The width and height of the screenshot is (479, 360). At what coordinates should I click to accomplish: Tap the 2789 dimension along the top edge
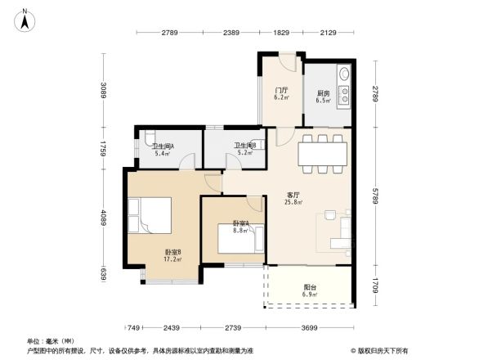pyautogui.click(x=169, y=33)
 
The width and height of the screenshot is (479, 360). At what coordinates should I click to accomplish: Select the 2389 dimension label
pyautogui.click(x=231, y=33)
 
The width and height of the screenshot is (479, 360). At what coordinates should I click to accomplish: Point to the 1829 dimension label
pyautogui.click(x=281, y=33)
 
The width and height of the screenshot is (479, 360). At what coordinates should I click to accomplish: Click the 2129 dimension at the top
pyautogui.click(x=329, y=33)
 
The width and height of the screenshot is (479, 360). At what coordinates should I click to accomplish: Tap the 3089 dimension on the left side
pyautogui.click(x=104, y=90)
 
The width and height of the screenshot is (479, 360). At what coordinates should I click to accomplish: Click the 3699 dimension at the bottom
pyautogui.click(x=310, y=326)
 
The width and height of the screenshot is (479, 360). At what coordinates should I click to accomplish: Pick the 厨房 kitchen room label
pyautogui.click(x=324, y=96)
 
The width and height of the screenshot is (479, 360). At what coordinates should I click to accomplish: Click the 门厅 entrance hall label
pyautogui.click(x=280, y=93)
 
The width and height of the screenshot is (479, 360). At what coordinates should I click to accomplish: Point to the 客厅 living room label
pyautogui.click(x=293, y=197)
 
